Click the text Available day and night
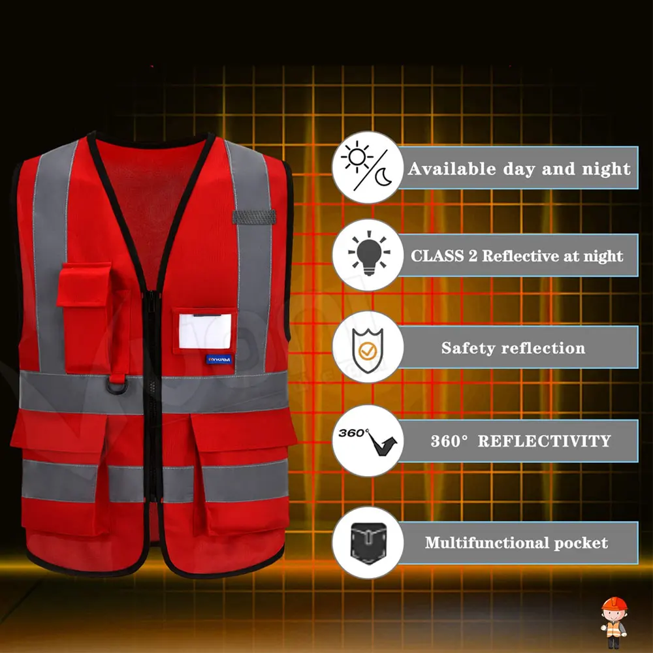[519, 169]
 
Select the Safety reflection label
[513, 348]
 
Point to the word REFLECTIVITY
[544, 441]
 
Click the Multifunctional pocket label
[516, 543]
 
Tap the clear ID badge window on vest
[205, 332]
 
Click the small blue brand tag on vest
[219, 359]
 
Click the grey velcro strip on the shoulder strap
[254, 217]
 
